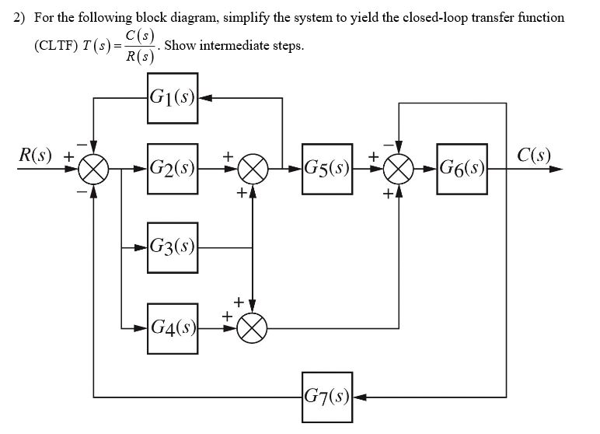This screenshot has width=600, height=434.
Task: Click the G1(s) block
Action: pyautogui.click(x=172, y=99)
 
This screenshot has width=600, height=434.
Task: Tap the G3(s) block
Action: pyautogui.click(x=172, y=249)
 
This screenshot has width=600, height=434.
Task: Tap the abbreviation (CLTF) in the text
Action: pyautogui.click(x=56, y=45)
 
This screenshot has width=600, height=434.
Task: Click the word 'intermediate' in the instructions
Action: pyautogui.click(x=233, y=45)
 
